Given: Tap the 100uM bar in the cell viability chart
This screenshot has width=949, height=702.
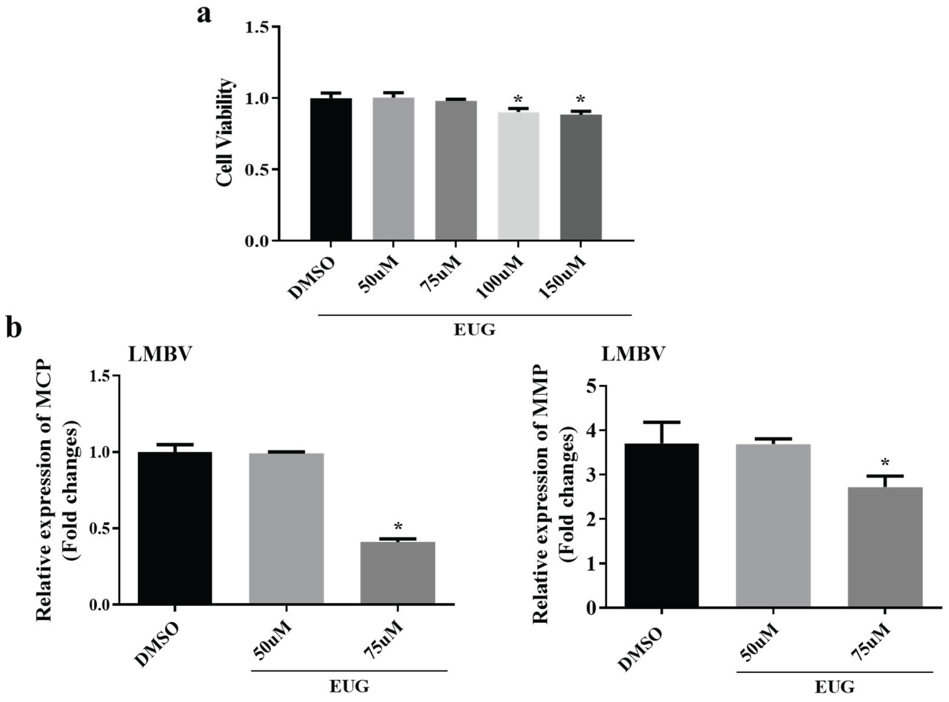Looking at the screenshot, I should tap(518, 176).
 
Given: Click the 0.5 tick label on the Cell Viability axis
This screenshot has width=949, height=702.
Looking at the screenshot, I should tap(258, 170).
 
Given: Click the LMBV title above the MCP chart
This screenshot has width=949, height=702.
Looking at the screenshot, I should tap(160, 355).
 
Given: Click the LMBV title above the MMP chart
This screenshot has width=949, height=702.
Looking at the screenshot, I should tap(632, 355).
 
